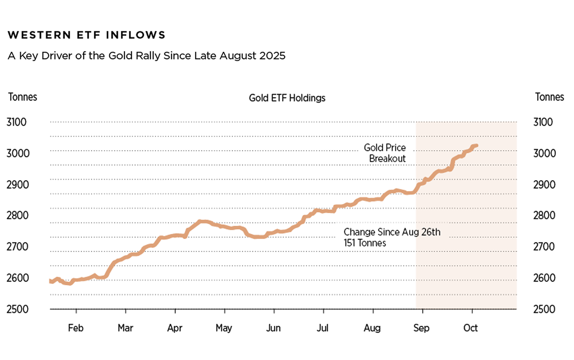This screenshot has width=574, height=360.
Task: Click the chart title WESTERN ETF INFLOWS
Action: coord(86,35)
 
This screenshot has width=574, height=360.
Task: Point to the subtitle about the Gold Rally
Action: coord(146,56)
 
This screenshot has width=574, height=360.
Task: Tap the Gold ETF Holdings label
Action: coord(287,98)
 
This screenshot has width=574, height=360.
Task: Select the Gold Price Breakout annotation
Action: coord(385,153)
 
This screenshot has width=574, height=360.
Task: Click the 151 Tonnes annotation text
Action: coord(365,243)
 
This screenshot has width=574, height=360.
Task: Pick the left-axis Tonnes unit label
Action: coord(23,97)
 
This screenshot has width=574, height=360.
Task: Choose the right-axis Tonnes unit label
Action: coord(549,97)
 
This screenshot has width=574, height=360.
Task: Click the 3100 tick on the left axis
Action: coord(16,122)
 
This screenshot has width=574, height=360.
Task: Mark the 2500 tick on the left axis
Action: coord(17,309)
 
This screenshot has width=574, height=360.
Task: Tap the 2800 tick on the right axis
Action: coord(544,215)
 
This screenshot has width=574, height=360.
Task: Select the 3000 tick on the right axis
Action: coord(544,153)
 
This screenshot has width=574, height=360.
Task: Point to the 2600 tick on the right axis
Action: coord(544,278)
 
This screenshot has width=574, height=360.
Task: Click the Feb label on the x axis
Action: coord(76,328)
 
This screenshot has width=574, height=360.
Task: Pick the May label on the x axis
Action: coord(224,328)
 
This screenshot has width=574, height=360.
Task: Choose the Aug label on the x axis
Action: coord(372,328)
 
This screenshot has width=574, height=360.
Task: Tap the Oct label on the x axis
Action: coord(471,328)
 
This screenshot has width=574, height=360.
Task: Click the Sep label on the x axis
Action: coord(421,328)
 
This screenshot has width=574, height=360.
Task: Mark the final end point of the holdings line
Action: coord(477,146)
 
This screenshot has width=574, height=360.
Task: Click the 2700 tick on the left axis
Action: coord(17,247)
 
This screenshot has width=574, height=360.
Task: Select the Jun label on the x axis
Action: coord(273,328)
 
